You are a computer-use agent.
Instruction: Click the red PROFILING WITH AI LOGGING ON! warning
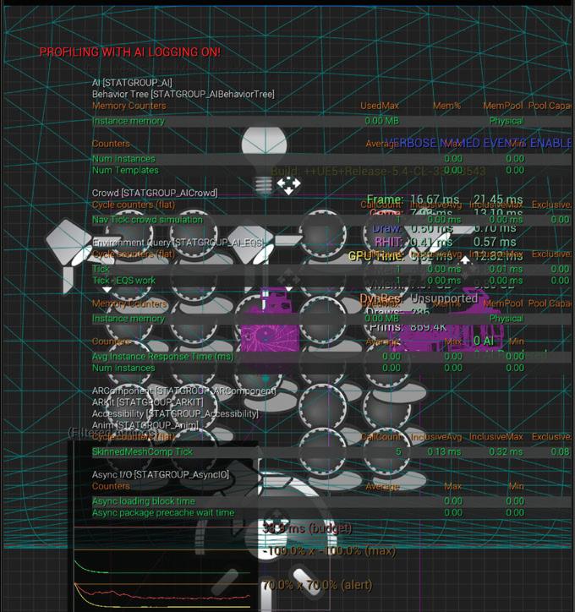click(130, 52)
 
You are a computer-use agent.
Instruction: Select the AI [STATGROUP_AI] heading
click(132, 83)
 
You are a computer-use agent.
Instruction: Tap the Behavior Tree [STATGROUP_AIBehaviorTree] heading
click(183, 94)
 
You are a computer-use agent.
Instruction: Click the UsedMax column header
click(379, 107)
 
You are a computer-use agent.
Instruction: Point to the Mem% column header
click(446, 107)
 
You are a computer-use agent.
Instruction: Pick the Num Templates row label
click(125, 171)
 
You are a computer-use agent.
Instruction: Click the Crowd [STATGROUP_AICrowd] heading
click(155, 194)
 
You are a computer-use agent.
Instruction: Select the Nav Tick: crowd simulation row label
click(148, 220)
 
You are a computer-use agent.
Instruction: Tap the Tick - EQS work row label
click(123, 281)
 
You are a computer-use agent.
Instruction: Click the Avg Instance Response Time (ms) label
click(162, 356)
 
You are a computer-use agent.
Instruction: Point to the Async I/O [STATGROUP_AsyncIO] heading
click(161, 475)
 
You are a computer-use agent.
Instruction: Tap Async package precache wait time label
click(163, 513)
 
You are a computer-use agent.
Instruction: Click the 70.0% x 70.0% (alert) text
click(317, 584)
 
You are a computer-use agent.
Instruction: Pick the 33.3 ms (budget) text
click(307, 528)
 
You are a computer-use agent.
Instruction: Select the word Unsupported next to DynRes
click(444, 299)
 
